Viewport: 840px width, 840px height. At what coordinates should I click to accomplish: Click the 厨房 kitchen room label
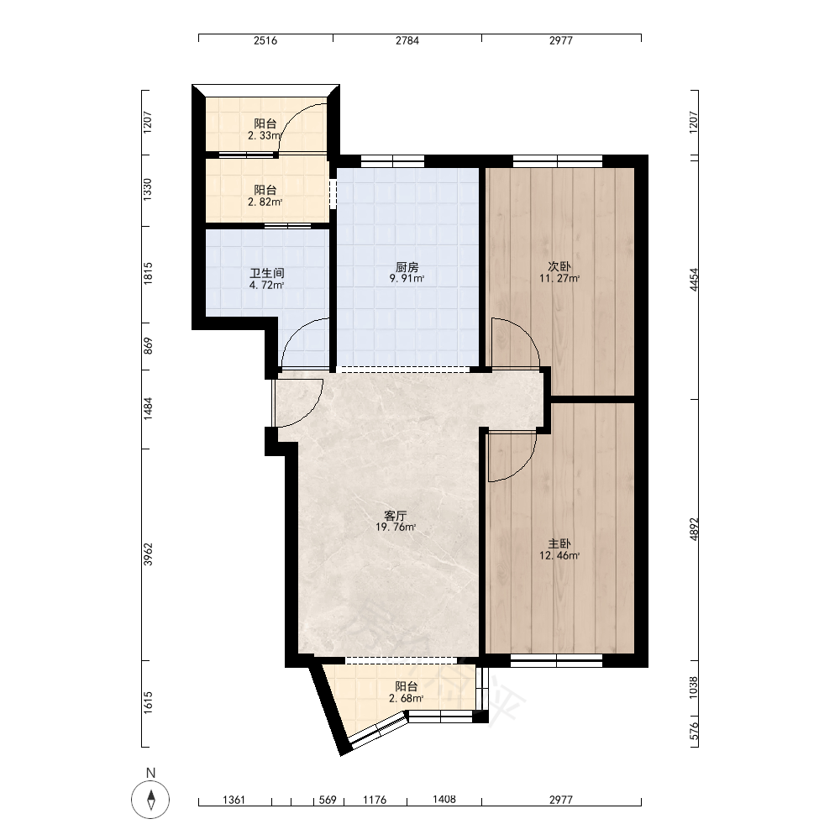407,267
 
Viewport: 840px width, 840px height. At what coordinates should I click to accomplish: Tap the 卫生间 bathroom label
267,273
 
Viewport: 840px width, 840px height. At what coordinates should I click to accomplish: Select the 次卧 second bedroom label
559,267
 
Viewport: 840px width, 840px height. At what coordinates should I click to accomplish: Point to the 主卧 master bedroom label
559,543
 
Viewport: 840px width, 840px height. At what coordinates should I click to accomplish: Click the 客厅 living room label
396,516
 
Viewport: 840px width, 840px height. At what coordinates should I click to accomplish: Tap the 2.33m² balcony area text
264,136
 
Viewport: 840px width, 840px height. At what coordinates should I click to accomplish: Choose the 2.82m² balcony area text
265,202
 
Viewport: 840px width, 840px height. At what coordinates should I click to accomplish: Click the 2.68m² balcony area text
406,699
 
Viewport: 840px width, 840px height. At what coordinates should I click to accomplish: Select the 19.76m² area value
396,528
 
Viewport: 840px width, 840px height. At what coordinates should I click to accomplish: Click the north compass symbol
150,800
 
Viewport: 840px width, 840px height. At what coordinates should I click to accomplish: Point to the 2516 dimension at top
265,40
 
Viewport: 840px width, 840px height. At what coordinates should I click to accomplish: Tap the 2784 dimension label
407,40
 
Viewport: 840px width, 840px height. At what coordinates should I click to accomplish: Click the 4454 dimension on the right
694,279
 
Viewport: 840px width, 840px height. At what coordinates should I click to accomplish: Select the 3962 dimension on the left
148,554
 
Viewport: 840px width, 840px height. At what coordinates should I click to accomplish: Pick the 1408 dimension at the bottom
444,800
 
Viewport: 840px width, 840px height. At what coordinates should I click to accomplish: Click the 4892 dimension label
694,529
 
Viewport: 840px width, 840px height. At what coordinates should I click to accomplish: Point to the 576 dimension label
694,731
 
